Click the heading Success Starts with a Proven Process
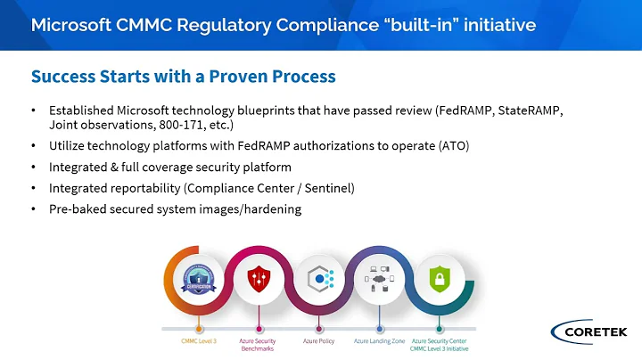(183, 76)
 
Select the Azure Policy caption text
(320, 340)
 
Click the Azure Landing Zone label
(379, 340)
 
